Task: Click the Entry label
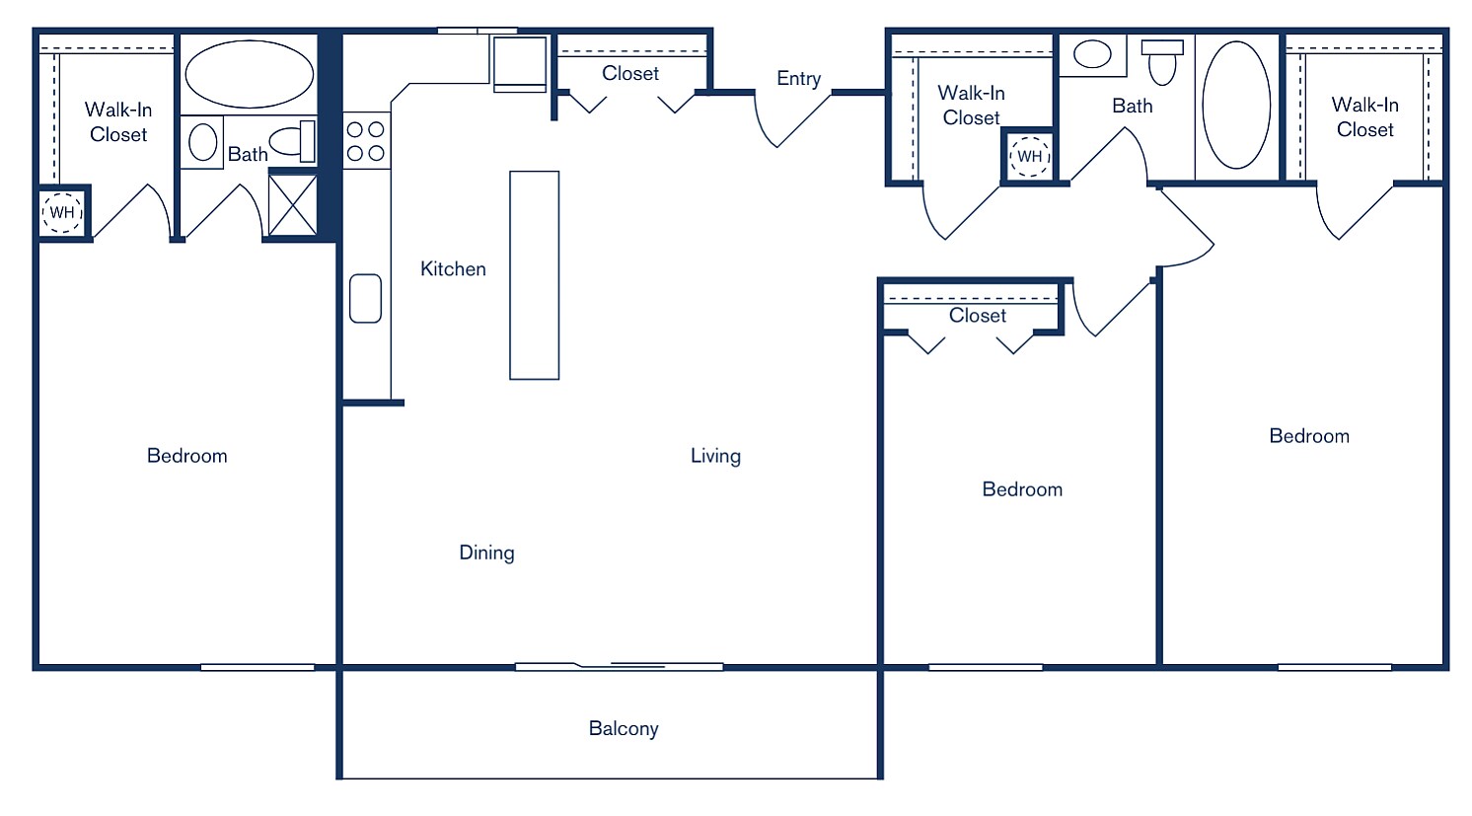tap(798, 79)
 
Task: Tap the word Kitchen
tap(453, 269)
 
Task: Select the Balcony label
tap(623, 729)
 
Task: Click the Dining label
tap(486, 553)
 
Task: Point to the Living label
tap(715, 456)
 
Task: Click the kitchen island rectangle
tap(534, 275)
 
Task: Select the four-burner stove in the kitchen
tap(365, 141)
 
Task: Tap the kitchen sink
tap(365, 298)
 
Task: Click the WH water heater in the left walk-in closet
tap(62, 213)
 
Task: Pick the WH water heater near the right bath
tap(1029, 156)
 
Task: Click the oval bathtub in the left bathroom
tap(250, 74)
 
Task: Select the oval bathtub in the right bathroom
tap(1236, 106)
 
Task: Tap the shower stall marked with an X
tap(293, 205)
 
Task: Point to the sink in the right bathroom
tap(1092, 54)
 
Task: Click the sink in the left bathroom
tap(202, 142)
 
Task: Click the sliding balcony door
tap(619, 667)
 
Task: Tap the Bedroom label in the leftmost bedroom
tap(186, 456)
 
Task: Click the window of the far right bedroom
tap(1334, 667)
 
